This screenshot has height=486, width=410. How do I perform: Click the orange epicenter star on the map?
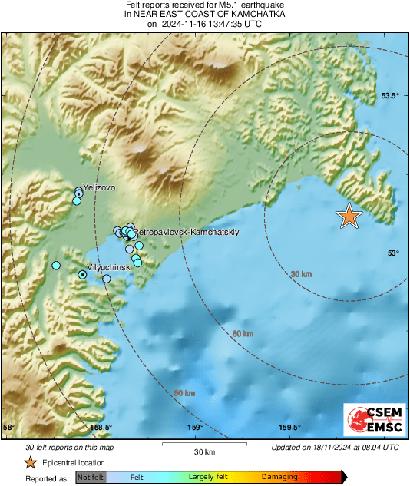(349, 217)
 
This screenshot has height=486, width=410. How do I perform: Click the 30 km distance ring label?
(301, 274)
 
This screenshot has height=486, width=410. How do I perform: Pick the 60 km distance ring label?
(243, 333)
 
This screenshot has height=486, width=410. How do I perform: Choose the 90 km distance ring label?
(184, 393)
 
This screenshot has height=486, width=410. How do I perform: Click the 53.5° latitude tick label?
(391, 96)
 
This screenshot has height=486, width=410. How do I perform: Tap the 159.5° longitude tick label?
(289, 428)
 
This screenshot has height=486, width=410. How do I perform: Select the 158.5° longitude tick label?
(101, 428)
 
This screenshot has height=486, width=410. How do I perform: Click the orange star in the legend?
(30, 462)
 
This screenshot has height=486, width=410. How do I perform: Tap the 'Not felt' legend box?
(89, 477)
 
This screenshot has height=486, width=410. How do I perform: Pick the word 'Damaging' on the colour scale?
(279, 477)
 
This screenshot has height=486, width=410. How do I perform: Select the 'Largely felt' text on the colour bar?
(207, 477)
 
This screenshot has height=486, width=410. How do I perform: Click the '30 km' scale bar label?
(204, 451)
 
